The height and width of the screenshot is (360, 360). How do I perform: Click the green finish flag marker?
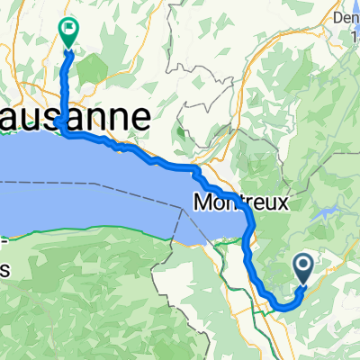67,33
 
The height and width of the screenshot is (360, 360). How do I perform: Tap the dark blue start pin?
302,266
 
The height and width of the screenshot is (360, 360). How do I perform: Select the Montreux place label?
240,203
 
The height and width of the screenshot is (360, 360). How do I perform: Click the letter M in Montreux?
203,203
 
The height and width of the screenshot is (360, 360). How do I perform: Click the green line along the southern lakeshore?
90,233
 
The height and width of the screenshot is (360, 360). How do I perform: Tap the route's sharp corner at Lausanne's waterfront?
58,121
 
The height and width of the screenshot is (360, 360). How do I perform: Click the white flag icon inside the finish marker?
68,29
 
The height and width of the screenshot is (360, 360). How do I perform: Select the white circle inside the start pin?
302,264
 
